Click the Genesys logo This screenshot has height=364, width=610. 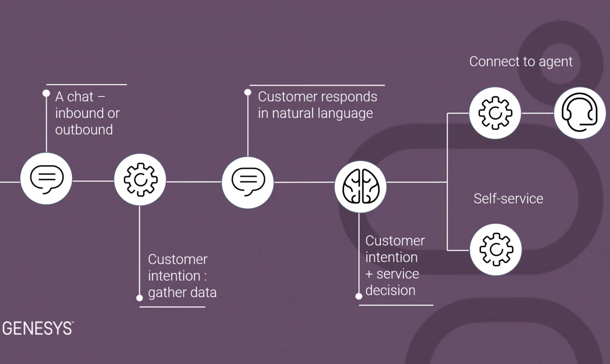pyautogui.click(x=38, y=328)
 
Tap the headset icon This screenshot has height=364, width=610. pyautogui.click(x=579, y=113)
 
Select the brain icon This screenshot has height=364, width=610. pyautogui.click(x=361, y=187)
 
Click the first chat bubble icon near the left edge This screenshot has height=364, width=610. pyautogui.click(x=46, y=179)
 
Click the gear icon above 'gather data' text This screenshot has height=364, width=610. pyautogui.click(x=140, y=179)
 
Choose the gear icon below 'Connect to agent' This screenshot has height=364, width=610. pyautogui.click(x=495, y=113)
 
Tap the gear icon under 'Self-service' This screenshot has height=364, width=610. pyautogui.click(x=496, y=249)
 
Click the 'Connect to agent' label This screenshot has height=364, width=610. pyautogui.click(x=521, y=62)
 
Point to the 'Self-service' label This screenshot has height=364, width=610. pyautogui.click(x=508, y=199)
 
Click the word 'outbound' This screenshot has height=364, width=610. pyautogui.click(x=84, y=130)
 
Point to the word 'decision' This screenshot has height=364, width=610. pyautogui.click(x=390, y=290)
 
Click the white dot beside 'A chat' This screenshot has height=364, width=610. pyautogui.click(x=46, y=93)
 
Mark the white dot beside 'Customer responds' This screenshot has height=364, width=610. pyautogui.click(x=248, y=92)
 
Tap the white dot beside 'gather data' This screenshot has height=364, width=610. pyautogui.click(x=139, y=298)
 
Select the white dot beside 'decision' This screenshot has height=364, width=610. pyautogui.click(x=359, y=296)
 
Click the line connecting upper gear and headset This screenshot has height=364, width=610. pyautogui.click(x=537, y=113)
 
